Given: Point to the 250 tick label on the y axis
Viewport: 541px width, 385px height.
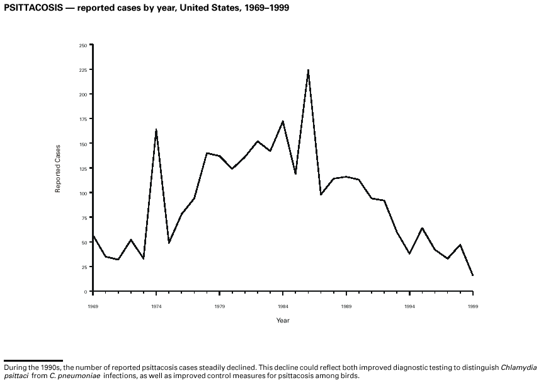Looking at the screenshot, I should point(83,45).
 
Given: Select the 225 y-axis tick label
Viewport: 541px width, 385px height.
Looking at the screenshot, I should point(83,70).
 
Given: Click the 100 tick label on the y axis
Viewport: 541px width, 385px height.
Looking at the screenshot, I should point(83,193).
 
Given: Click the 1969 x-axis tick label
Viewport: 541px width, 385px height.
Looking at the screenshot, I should point(93,306).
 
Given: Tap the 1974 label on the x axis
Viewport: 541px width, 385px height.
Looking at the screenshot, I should point(156,306).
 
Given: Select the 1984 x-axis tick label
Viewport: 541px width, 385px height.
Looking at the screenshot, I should point(283,306).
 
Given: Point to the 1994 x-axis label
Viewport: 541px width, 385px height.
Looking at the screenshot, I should point(409,306).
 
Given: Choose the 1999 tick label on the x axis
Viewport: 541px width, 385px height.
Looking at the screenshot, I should point(472,306).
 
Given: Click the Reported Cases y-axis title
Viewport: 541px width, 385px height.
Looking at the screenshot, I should point(58,169).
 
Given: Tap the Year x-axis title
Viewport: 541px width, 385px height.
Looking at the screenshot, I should point(283,321).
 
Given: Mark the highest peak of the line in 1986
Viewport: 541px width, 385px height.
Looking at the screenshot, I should point(308,70).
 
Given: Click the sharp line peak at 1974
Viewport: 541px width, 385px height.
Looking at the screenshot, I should point(156,129).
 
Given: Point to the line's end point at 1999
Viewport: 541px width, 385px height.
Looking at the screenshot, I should point(472,275).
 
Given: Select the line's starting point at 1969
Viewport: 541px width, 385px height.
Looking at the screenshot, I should point(93,236).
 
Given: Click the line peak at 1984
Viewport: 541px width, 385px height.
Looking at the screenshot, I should point(283,121).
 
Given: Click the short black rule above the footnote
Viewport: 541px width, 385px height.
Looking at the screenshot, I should point(33,361).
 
